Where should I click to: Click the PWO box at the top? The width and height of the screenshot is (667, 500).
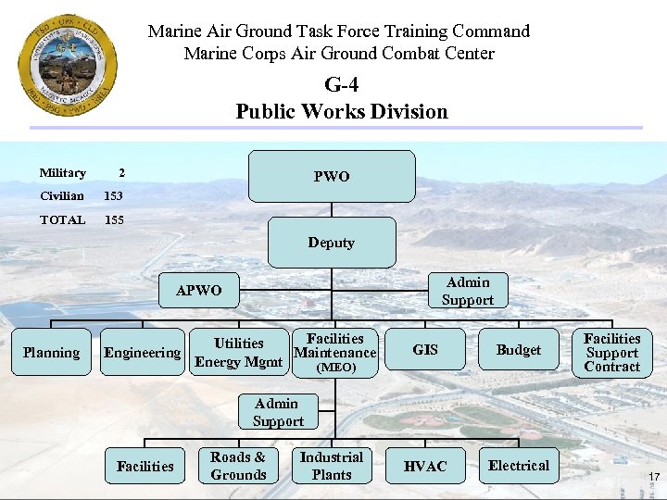pos(332,176)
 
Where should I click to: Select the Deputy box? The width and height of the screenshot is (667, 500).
pos(332,243)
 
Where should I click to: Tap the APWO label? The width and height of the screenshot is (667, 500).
pos(199,290)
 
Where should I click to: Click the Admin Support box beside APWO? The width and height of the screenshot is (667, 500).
pos(467,291)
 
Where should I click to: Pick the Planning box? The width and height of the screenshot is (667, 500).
pos(51,352)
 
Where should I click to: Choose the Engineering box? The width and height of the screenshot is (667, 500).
pos(142,352)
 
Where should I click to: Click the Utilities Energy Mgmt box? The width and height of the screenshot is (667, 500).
pos(238,352)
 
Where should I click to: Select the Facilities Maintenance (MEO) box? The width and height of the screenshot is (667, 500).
pos(334,352)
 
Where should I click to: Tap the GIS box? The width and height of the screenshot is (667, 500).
pos(425,350)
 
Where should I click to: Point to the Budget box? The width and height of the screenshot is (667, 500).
pos(518,350)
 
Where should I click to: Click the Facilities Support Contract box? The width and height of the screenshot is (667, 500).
pos(611,352)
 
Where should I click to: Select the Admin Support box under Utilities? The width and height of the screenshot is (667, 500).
pos(277,412)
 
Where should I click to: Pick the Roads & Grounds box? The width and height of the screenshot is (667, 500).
pos(238,466)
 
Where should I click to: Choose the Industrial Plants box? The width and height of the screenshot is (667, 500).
pos(332,466)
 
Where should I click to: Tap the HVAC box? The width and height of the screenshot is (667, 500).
pos(425,466)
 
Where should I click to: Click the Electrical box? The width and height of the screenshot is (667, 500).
pos(518,465)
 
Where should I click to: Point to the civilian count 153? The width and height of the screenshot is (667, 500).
pos(113,196)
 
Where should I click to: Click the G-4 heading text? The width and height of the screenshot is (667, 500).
pos(341,85)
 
